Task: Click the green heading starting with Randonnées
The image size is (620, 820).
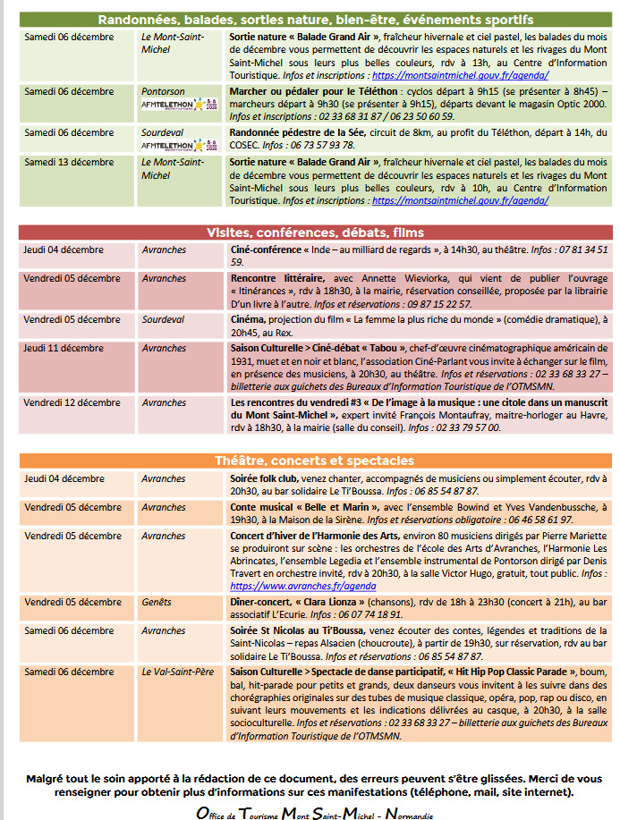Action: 315,19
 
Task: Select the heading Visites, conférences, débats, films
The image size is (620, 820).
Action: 315,232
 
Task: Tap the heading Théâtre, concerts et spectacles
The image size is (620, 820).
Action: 315,461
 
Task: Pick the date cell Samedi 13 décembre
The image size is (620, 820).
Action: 69,163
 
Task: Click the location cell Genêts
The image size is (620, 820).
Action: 157,602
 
